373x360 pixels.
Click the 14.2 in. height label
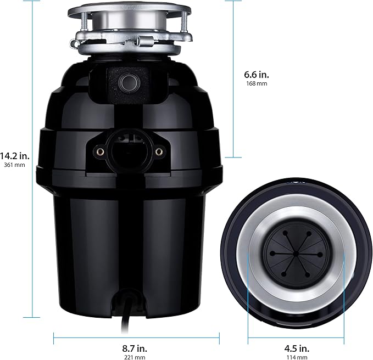(15, 155)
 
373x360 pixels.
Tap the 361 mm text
(15, 165)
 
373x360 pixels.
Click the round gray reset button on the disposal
(129, 83)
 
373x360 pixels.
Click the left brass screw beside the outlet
(99, 150)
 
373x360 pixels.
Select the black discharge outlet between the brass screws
(129, 150)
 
